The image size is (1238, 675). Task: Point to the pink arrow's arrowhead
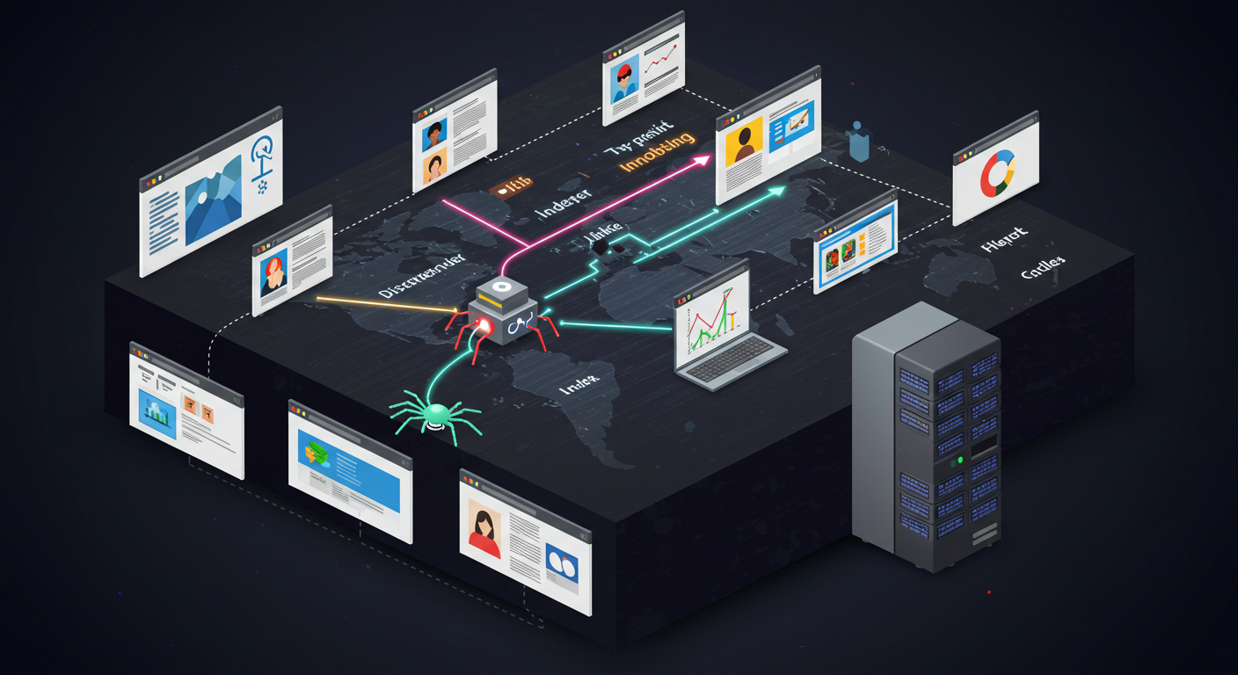coord(703,160)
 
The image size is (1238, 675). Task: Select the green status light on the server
coord(959,460)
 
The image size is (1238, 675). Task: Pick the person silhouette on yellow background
coord(744,144)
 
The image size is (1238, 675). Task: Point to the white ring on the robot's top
coord(502,287)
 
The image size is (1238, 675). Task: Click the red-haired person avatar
coord(273,273)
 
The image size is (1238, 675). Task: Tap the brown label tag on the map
coord(510,187)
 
